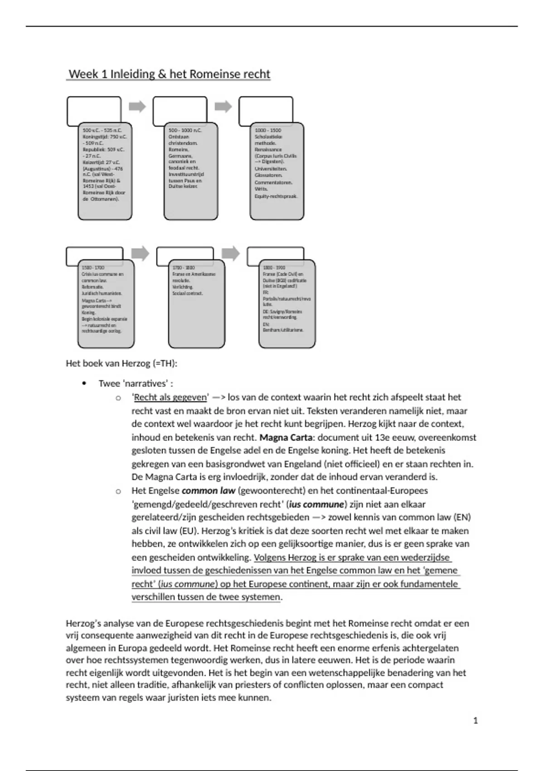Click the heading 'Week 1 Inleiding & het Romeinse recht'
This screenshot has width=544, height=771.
169,74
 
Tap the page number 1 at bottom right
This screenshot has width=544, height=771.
476,720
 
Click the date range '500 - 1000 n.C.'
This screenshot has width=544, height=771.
185,130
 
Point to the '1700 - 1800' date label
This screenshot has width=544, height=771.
184,268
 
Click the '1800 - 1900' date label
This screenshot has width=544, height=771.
274,268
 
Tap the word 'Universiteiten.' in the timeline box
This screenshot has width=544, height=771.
271,169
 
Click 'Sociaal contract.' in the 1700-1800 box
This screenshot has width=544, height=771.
188,293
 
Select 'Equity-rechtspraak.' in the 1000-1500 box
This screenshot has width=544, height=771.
276,196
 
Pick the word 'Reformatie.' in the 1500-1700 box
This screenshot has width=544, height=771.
92,287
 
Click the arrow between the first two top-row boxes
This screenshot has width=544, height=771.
137,107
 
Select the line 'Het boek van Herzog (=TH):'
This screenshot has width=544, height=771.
121,363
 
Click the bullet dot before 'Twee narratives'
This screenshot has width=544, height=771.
84,383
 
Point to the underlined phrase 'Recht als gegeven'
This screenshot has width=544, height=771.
170,397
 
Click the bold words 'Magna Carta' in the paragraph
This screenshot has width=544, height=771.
286,438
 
